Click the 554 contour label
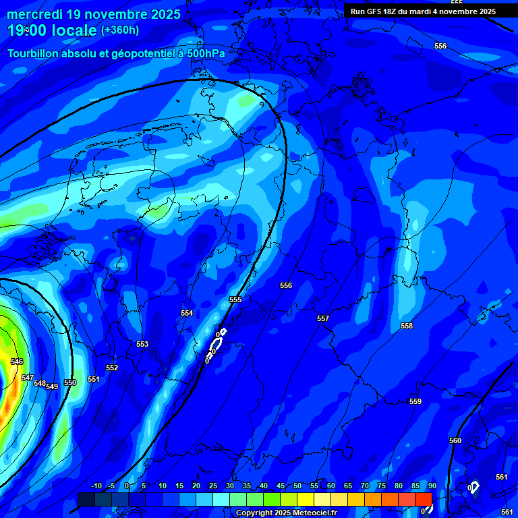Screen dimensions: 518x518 (x=187, y=313)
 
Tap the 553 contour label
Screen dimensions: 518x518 (x=142, y=344)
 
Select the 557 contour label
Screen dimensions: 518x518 (x=323, y=318)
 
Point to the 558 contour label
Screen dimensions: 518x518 (x=407, y=326)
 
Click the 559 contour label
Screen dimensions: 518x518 (x=415, y=401)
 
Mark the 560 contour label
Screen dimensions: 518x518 (x=455, y=440)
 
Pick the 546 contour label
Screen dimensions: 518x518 (x=17, y=362)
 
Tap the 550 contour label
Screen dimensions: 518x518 (x=70, y=382)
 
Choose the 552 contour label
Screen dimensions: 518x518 (x=112, y=368)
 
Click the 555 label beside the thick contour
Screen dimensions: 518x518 (x=235, y=299)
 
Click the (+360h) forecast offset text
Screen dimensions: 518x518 (x=120, y=30)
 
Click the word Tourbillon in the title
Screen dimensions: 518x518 (x=37, y=53)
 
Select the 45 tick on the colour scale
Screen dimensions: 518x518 (x=280, y=486)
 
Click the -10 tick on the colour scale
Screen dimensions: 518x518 (x=96, y=486)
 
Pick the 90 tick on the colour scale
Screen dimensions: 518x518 (x=432, y=486)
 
